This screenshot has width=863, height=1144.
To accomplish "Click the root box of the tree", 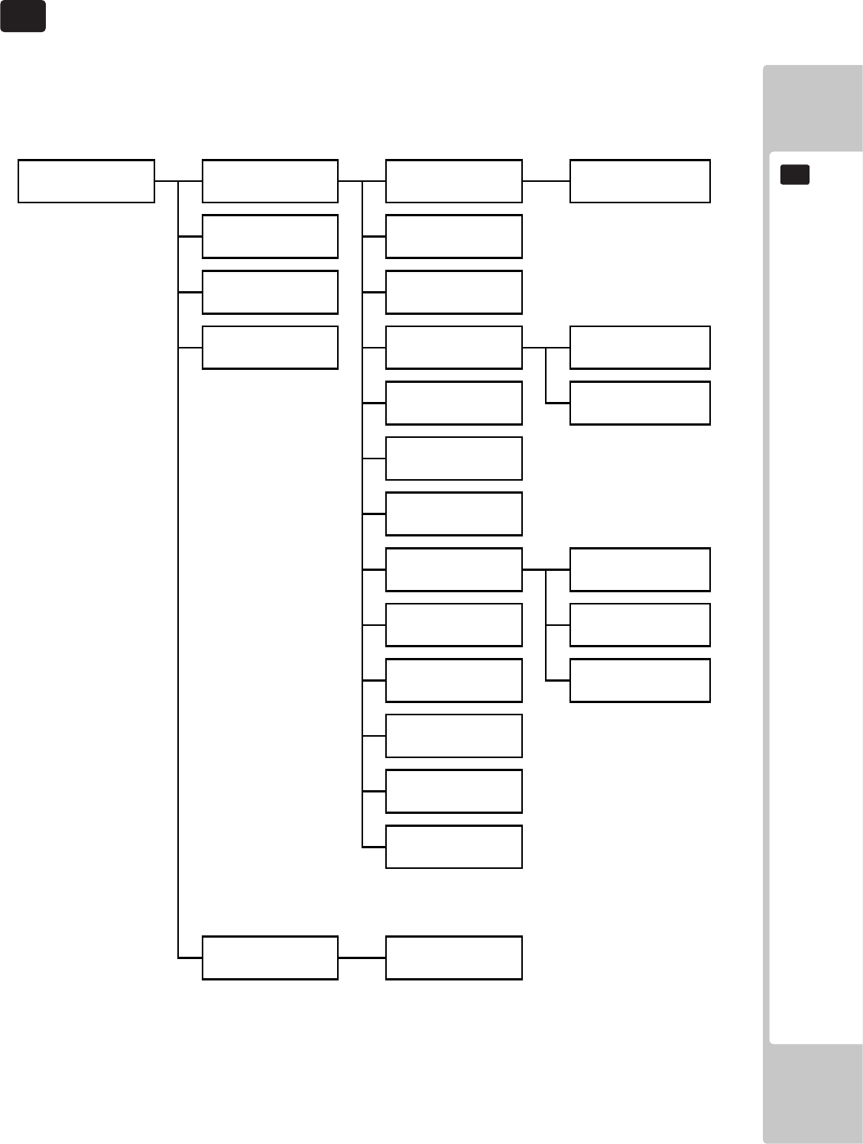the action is click(86, 181).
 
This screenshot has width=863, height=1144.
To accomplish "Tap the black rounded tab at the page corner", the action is click(23, 16).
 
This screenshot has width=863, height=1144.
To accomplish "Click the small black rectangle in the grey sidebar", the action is click(795, 175).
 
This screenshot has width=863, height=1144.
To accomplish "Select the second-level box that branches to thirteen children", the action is click(270, 181).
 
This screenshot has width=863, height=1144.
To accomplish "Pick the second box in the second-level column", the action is click(270, 236).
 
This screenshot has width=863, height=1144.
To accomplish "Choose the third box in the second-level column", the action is click(270, 292).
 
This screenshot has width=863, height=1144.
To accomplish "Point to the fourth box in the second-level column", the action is click(270, 348).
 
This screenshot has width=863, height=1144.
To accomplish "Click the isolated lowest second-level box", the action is click(270, 958).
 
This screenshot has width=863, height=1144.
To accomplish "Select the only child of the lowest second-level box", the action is click(454, 958).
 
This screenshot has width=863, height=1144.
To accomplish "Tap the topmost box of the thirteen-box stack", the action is click(454, 181).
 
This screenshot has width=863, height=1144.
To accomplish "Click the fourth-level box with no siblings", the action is click(640, 181).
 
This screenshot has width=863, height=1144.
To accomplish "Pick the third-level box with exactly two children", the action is click(454, 348).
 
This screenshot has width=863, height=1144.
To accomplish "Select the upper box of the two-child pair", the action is click(640, 348).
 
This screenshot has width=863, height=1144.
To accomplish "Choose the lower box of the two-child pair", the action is click(640, 403).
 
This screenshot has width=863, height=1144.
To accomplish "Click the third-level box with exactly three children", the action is click(454, 569).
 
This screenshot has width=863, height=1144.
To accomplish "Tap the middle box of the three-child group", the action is click(640, 625).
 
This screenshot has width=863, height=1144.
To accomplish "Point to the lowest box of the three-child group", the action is click(640, 680).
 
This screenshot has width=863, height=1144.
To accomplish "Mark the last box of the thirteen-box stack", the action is click(454, 847).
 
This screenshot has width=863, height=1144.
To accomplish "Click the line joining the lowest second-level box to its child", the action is click(362, 958).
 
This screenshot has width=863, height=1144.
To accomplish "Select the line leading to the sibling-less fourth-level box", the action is click(546, 181).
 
